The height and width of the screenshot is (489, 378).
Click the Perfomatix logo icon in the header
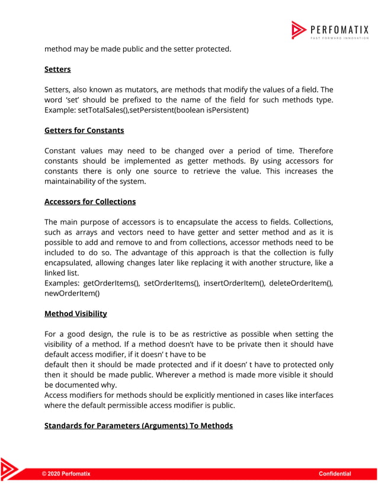[x=298, y=30]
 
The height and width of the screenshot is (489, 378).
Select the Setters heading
[x=57, y=69]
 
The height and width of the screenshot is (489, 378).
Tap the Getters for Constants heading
[x=84, y=130]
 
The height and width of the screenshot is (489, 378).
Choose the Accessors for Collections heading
[x=90, y=201]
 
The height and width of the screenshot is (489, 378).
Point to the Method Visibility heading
[x=76, y=313]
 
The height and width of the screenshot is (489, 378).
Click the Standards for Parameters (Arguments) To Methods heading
[x=139, y=425]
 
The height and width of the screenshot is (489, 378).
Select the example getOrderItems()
[x=112, y=283]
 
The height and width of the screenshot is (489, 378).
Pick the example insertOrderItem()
[x=234, y=283]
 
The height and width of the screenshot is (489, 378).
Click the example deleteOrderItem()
[x=301, y=283]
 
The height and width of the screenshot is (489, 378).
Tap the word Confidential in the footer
[x=335, y=474]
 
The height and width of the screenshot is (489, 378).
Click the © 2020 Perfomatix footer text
[x=66, y=474]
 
